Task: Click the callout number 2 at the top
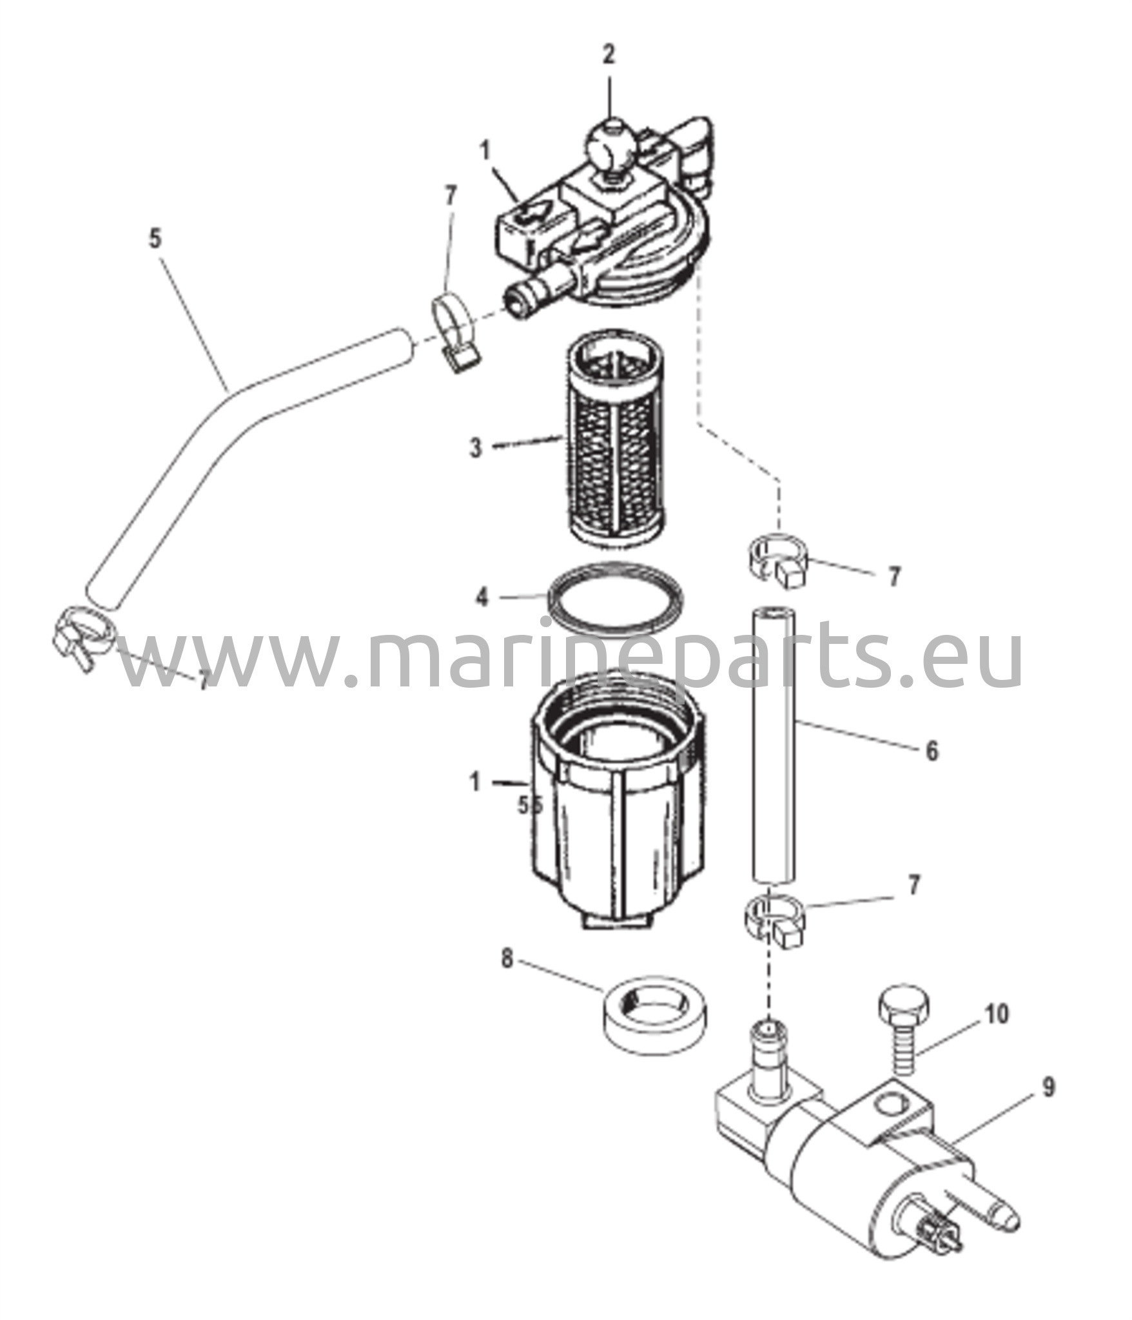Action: pyautogui.click(x=609, y=55)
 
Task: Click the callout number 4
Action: pyautogui.click(x=482, y=597)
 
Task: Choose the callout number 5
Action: pyautogui.click(x=155, y=239)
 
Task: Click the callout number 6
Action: pyautogui.click(x=932, y=751)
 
